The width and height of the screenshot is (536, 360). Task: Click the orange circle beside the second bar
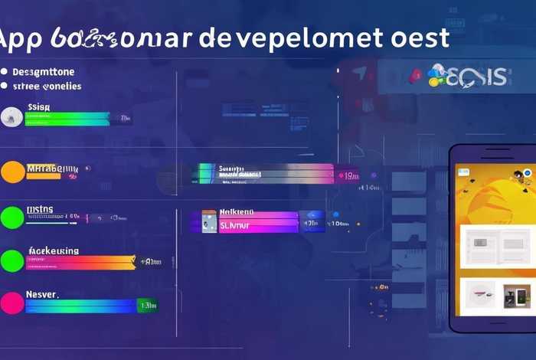coord(12,172)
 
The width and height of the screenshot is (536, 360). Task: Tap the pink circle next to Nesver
coord(11,303)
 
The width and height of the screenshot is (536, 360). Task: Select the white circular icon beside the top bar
coord(10,116)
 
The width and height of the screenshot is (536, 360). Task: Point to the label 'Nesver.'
coord(43,293)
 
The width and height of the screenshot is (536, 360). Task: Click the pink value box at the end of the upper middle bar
coord(346,175)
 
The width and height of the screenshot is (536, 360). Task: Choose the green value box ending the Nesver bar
coord(148,306)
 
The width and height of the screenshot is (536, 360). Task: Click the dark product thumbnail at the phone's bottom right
coord(517,296)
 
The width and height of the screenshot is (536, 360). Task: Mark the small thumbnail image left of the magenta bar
coord(209,221)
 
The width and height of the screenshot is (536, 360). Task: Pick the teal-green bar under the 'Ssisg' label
coord(69,119)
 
